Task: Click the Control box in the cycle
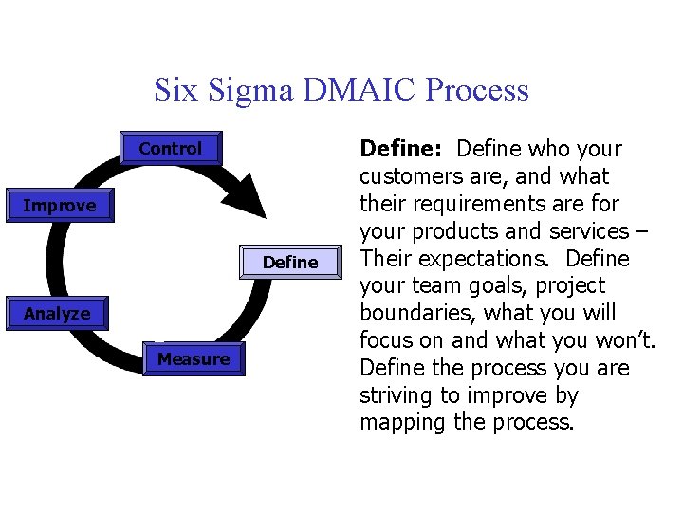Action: [171, 149]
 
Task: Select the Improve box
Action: [60, 206]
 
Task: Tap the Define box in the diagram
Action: [290, 263]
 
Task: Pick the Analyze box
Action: [57, 314]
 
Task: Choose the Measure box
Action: [194, 359]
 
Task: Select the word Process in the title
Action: [477, 90]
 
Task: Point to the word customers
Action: [403, 176]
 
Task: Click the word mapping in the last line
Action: [397, 422]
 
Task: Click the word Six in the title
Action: [175, 90]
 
